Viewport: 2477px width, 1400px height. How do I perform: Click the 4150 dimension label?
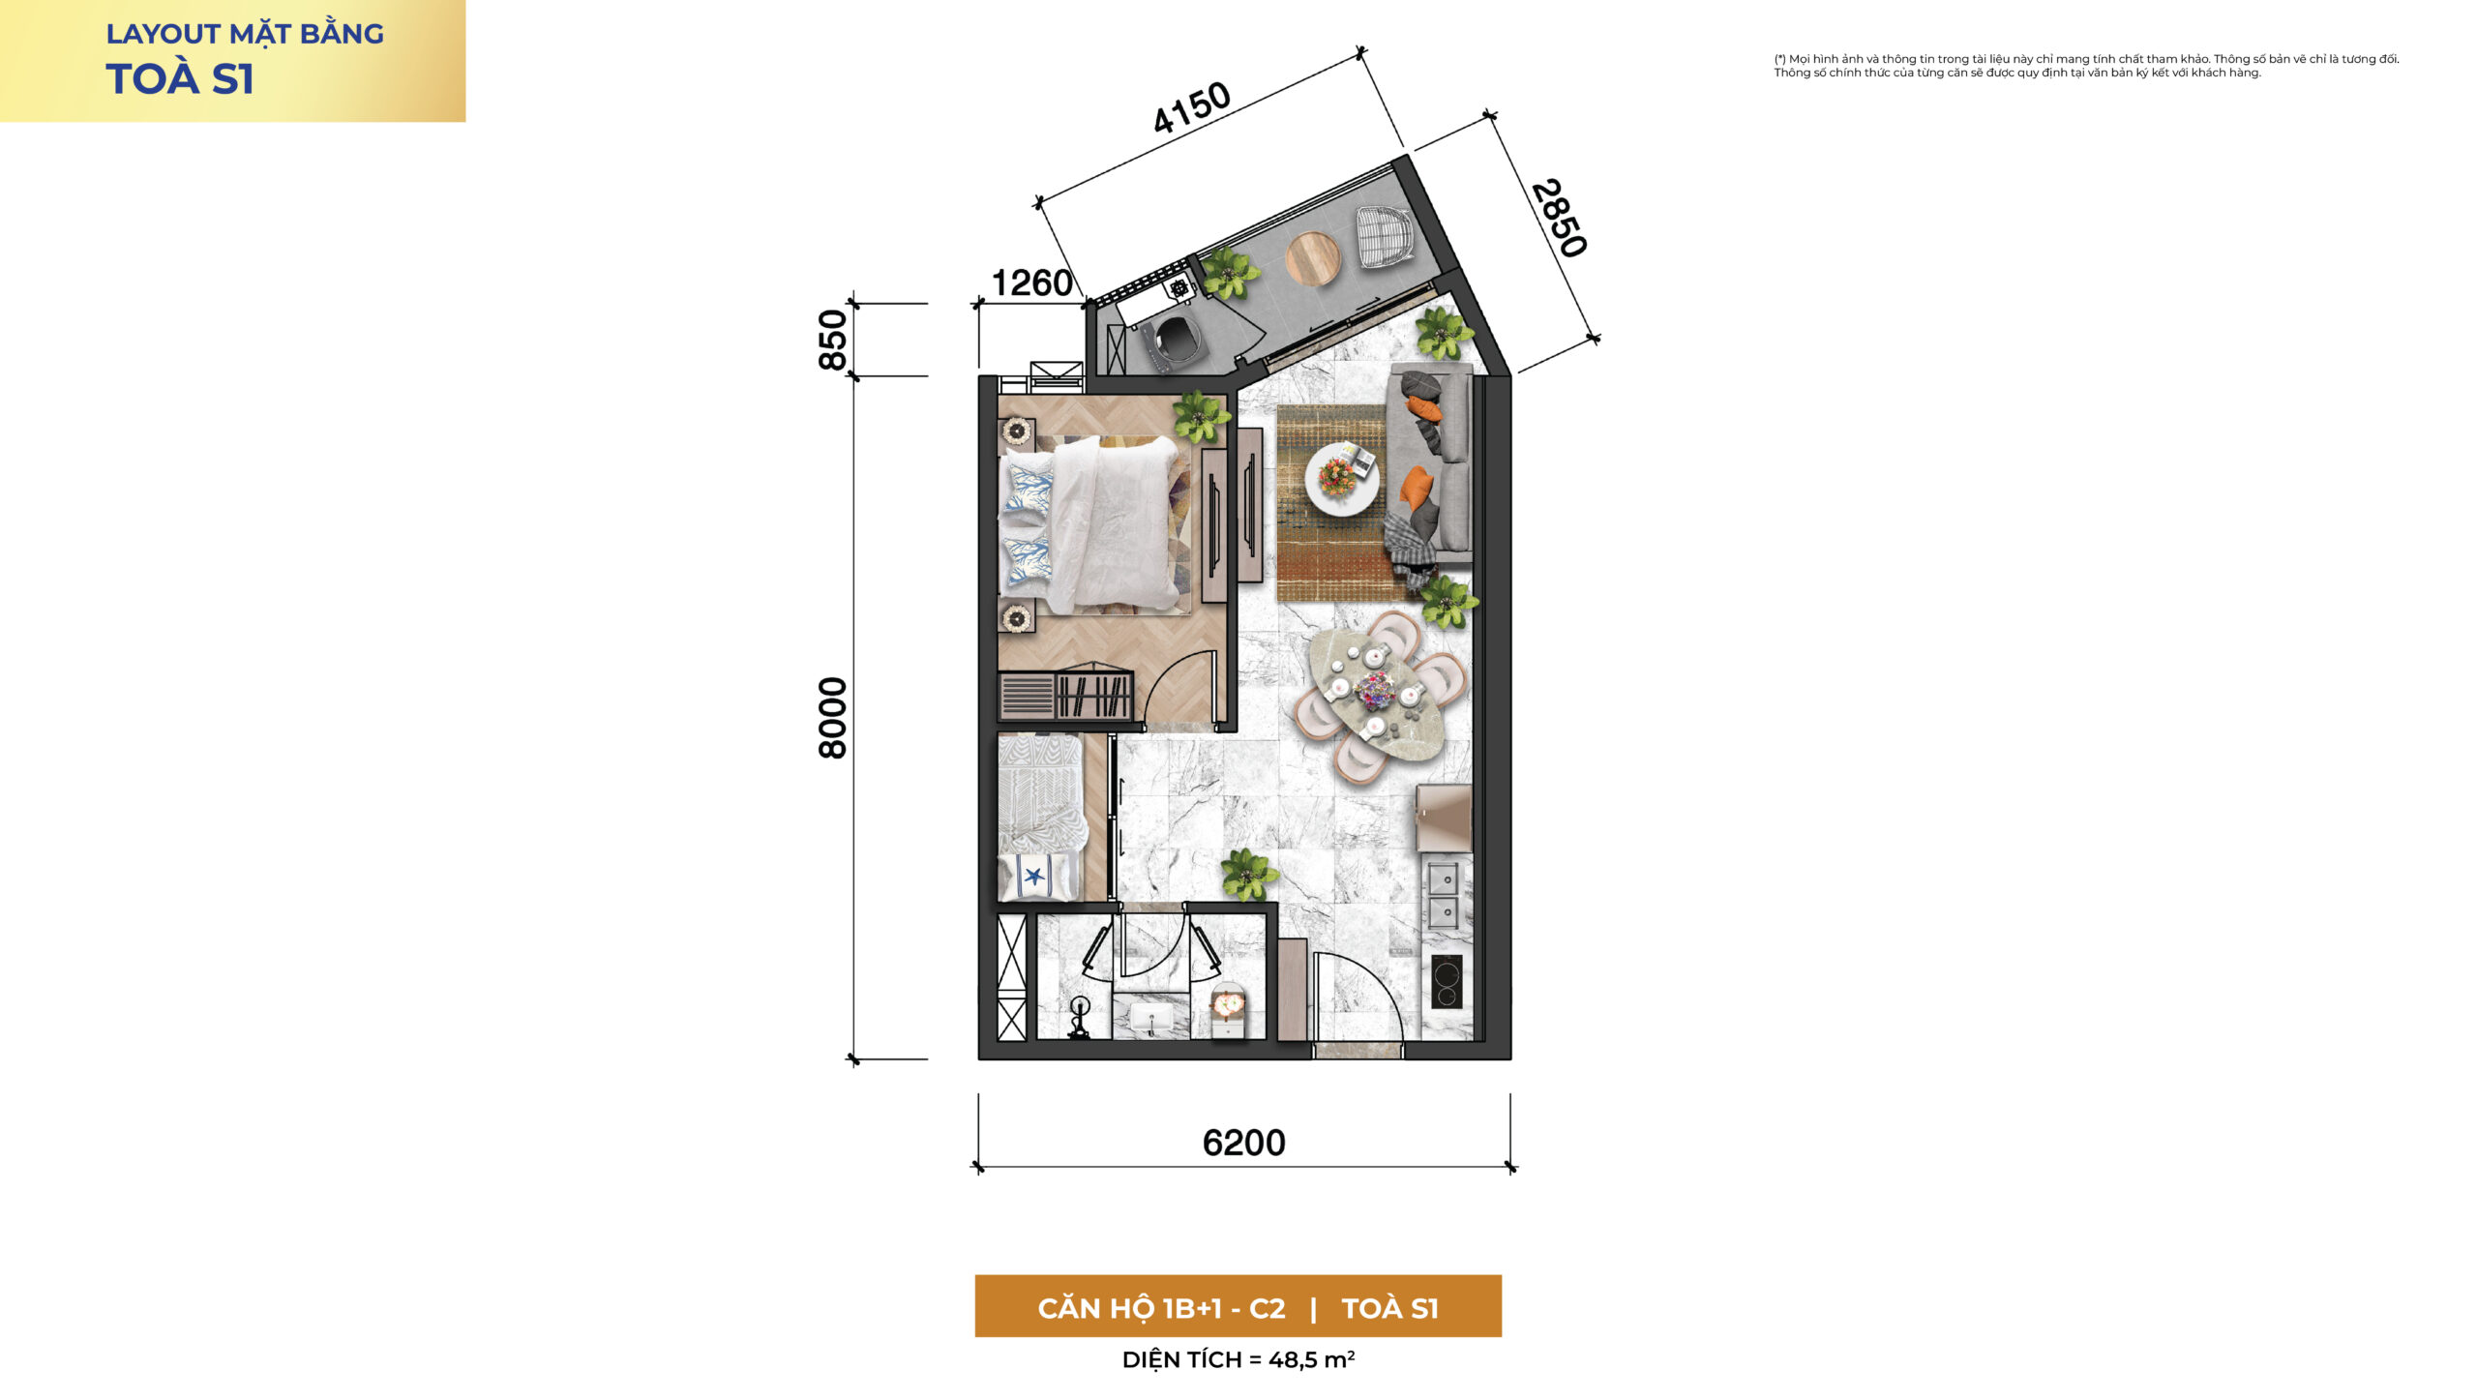[x=1191, y=107]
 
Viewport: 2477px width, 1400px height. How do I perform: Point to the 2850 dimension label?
[x=1559, y=219]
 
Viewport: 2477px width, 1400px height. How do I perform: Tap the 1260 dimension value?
[x=1032, y=283]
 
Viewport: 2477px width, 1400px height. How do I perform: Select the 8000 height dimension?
[x=832, y=718]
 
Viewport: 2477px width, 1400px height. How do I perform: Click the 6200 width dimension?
[x=1243, y=1144]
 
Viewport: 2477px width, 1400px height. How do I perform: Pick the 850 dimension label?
[x=832, y=340]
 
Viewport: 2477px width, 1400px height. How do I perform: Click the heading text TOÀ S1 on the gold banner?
[x=180, y=79]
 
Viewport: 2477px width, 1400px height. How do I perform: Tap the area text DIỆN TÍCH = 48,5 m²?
[x=1238, y=1359]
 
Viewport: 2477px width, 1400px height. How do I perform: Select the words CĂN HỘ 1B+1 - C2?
[x=1161, y=1308]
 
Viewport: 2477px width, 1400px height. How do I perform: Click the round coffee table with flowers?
[x=1342, y=478]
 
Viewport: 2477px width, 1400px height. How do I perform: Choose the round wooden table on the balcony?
[x=1313, y=259]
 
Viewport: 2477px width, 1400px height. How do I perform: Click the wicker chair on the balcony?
[x=1386, y=236]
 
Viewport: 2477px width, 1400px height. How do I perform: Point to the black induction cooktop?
[x=1447, y=982]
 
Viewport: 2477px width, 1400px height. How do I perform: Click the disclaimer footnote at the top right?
[x=2086, y=66]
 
